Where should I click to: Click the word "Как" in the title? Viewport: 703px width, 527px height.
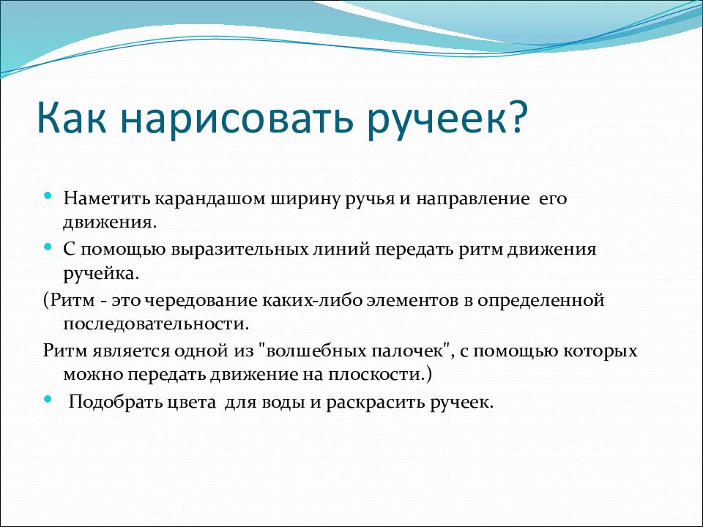[x=72, y=119]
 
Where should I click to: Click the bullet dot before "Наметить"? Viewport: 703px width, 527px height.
[x=48, y=195]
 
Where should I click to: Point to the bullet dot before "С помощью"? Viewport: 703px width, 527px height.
[x=48, y=247]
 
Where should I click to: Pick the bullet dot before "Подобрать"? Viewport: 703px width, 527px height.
[x=48, y=398]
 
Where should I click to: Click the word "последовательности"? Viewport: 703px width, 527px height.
[x=155, y=324]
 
